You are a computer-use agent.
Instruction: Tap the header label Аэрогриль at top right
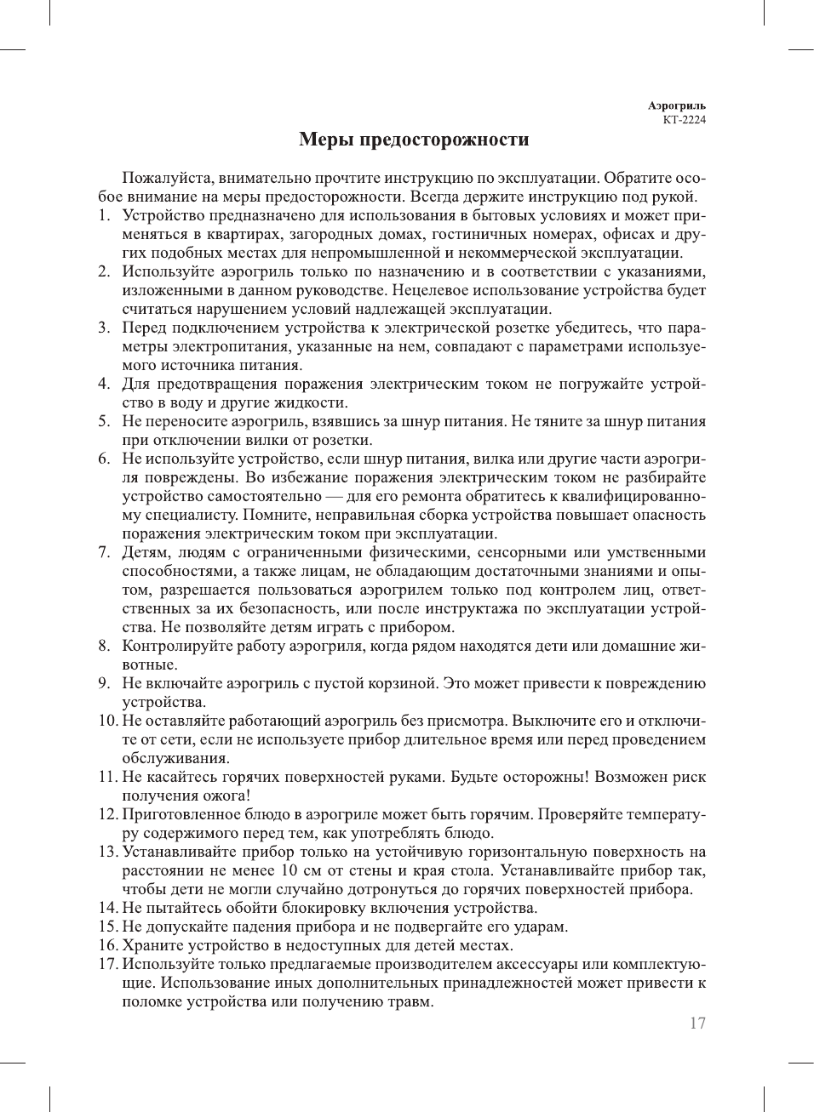pyautogui.click(x=676, y=106)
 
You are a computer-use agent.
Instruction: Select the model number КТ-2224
pyautogui.click(x=684, y=120)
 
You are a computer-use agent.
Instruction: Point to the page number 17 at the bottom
pyautogui.click(x=697, y=1024)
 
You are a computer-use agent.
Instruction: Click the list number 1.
pyautogui.click(x=104, y=216)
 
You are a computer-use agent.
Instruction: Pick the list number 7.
pyautogui.click(x=104, y=553)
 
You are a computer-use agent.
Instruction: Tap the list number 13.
pyautogui.click(x=107, y=853)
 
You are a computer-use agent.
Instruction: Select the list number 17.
pyautogui.click(x=107, y=965)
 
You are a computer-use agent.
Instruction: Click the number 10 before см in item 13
pyautogui.click(x=289, y=871)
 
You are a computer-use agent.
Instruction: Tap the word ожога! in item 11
pyautogui.click(x=226, y=796)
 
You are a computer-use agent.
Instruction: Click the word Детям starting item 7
pyautogui.click(x=146, y=553)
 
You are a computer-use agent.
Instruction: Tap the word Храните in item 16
pyautogui.click(x=152, y=946)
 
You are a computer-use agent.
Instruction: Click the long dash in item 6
pyautogui.click(x=334, y=497)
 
